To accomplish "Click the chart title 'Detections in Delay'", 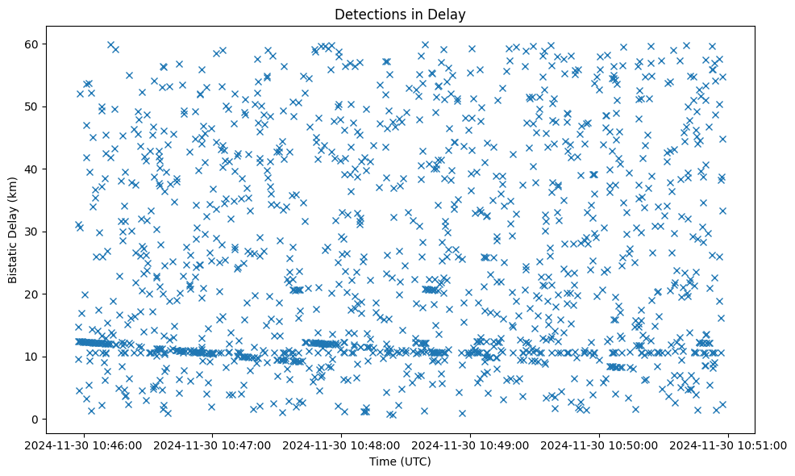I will coord(400,15).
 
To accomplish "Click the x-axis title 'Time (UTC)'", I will coord(400,461).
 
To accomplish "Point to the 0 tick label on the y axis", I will coord(59,420).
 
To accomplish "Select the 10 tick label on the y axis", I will coord(56,357).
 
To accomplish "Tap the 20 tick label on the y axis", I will coord(56,294).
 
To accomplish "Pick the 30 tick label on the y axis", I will coord(56,232).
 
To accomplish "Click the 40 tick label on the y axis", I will coord(56,169).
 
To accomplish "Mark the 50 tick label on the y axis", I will coord(56,106).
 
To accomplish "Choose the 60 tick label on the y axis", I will coord(56,44).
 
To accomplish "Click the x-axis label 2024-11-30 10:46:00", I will coord(85,445).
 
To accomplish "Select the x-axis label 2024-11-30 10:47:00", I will coord(214,445).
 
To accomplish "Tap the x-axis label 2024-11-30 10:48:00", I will coord(342,445).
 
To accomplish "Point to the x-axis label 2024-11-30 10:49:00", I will coord(471,445).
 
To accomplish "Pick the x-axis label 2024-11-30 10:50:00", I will coord(600,445).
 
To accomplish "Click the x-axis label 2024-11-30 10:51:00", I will coord(729,445).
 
